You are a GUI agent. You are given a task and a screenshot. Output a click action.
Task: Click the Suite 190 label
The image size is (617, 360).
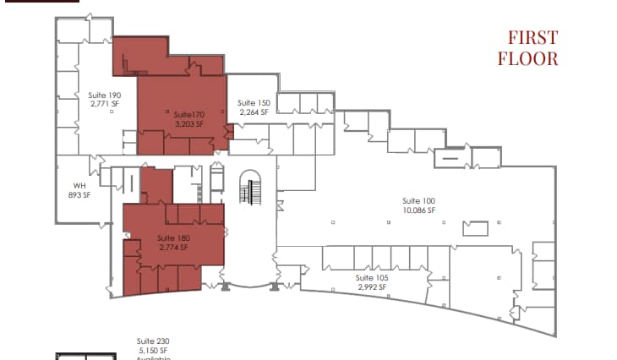coord(104,95)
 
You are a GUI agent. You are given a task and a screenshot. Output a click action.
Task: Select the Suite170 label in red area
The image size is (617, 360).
coord(189,114)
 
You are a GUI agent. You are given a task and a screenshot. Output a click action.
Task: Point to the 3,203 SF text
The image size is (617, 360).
coord(189,123)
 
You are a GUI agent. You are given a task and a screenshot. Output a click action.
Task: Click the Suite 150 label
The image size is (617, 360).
coord(254,103)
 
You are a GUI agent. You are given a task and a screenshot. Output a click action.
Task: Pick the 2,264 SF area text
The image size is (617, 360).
coord(254,112)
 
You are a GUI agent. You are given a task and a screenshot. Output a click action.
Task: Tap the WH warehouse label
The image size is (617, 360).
coord(79,185)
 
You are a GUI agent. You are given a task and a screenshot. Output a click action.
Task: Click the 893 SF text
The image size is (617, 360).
coord(79,194)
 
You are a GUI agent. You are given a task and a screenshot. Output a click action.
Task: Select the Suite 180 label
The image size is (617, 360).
coord(173,238)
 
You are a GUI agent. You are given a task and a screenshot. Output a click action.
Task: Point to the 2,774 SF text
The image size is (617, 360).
coord(173,248)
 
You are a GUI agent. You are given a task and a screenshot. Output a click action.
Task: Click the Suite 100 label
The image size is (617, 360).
coord(418,200)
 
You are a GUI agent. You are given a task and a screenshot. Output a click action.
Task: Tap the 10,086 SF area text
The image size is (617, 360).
coord(418,210)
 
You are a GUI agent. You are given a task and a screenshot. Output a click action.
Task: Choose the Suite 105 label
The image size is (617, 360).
coord(371,278)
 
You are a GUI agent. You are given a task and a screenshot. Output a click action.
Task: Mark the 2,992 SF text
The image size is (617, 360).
coord(371,287)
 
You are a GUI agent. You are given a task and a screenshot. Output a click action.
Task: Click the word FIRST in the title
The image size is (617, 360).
coord(532,38)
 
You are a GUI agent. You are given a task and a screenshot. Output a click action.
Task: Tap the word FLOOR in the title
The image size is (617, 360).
coord(528,58)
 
